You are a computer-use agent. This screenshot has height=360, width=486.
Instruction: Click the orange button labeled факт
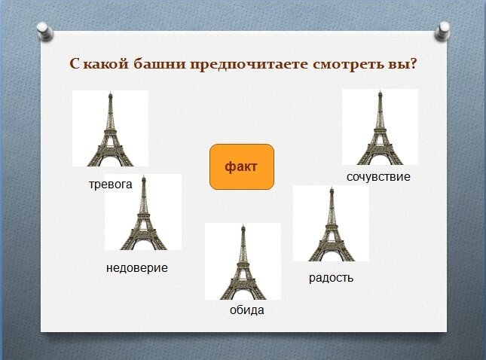(242, 166)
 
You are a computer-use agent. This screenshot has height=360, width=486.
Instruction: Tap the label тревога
(110, 185)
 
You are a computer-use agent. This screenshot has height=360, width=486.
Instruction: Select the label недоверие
(137, 267)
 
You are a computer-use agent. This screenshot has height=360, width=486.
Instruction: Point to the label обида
(246, 310)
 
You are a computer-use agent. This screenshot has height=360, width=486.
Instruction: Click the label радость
(331, 278)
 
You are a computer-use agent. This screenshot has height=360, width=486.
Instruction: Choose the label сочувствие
(378, 176)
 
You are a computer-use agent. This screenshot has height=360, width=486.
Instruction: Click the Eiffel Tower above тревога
(110, 129)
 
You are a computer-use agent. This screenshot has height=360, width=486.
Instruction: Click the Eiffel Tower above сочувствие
(380, 127)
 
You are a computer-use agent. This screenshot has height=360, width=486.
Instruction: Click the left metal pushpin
(45, 31)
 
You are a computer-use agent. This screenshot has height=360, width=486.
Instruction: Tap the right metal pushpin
(442, 31)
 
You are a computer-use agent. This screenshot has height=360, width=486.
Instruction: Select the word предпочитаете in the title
(249, 65)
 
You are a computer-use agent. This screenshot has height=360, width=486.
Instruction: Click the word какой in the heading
(105, 64)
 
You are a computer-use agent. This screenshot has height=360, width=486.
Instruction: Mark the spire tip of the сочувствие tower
(380, 90)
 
